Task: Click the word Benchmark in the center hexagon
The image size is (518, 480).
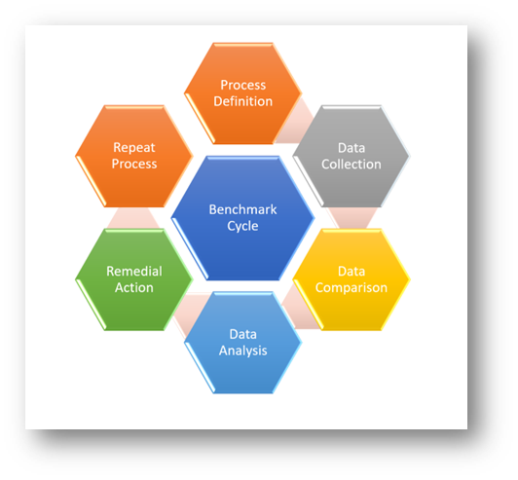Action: coord(242,209)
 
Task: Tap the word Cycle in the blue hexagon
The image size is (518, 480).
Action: coord(242,226)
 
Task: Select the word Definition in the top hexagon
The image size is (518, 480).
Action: coord(242,101)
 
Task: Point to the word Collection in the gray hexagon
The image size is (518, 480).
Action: coord(351,165)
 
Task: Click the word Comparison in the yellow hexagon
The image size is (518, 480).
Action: coord(351,288)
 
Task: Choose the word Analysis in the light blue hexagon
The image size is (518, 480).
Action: coord(242,351)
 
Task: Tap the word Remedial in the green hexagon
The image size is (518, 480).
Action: coord(134,272)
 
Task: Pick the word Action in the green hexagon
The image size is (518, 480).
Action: coord(134,288)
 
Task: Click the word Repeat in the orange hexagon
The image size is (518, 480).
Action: coord(134,148)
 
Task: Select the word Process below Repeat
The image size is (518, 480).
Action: coord(134,164)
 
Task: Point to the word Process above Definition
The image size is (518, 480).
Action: coord(242,85)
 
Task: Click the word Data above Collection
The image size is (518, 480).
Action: coord(351,148)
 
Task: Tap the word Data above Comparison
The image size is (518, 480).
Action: coord(351,272)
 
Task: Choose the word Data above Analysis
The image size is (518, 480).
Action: coord(242,334)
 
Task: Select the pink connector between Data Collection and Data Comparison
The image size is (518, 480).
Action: coord(351,218)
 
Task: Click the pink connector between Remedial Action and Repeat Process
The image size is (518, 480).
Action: coord(133,218)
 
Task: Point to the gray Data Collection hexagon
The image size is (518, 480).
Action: coord(351,156)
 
